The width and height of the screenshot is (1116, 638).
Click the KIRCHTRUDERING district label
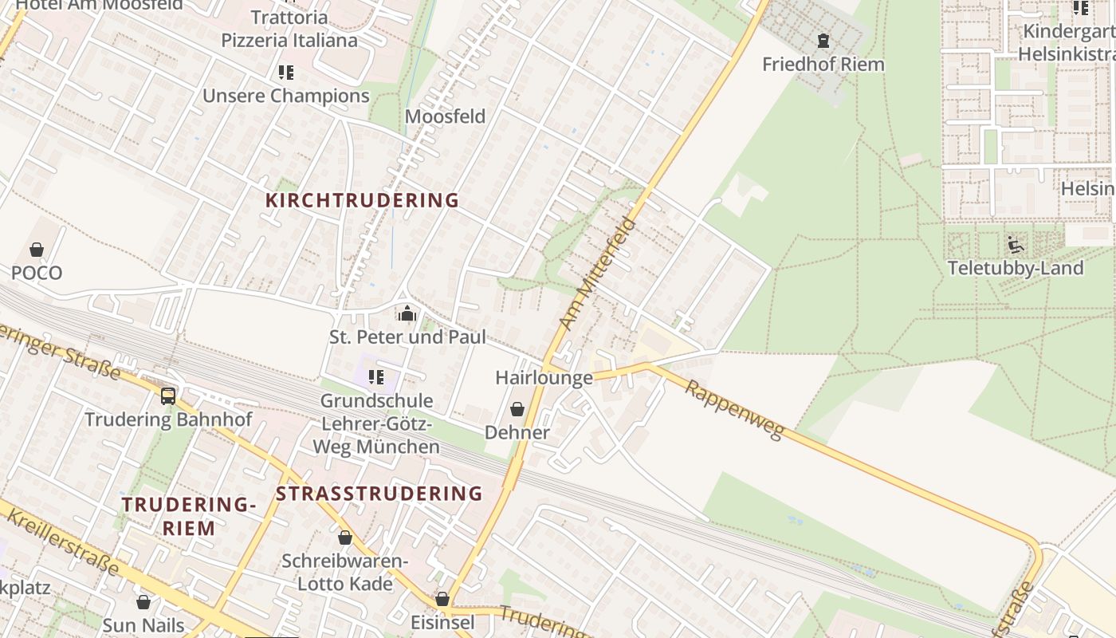coord(362,200)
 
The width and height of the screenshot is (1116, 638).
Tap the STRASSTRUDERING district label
coord(379,494)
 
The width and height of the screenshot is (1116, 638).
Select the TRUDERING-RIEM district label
coord(189,516)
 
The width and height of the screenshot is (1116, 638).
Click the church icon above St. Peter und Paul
coord(407,313)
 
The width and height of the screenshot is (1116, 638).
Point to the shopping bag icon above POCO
coord(37,250)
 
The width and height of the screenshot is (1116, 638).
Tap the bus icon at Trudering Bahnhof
coord(168,396)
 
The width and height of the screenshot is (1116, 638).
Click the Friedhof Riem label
coord(823,64)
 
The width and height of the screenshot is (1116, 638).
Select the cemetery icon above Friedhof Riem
coord(823,40)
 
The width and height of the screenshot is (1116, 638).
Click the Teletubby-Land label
coord(1016,268)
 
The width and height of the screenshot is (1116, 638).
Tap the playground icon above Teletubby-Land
coord(1015,244)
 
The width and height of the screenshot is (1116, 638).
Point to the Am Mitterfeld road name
coord(598,274)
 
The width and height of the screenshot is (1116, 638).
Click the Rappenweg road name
coord(735,409)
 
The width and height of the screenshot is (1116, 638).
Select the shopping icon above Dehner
coord(517,409)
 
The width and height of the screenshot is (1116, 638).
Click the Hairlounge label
coord(544,377)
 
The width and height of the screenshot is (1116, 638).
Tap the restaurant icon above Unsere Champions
coord(286,73)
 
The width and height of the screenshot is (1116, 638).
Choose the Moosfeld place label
coord(445,116)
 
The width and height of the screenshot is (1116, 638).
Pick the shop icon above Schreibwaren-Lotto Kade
coord(345,538)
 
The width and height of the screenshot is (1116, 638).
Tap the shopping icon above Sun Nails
coord(143,602)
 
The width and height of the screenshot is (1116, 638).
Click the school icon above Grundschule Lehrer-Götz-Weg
coord(376,376)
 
